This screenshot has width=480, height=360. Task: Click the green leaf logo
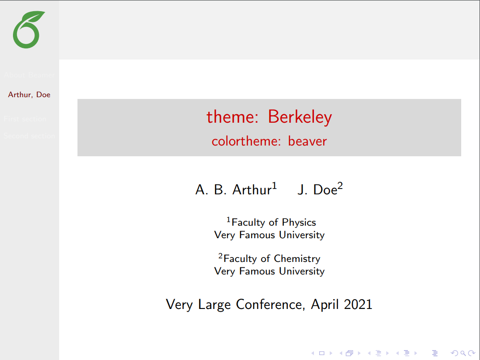coord(29,30)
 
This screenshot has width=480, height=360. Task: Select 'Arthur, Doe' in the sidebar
coord(29,94)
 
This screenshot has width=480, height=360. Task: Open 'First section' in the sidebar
coord(25,119)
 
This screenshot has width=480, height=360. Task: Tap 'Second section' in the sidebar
coord(29,136)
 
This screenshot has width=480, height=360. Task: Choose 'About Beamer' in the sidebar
coord(29,75)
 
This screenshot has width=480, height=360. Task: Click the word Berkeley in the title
coord(300,117)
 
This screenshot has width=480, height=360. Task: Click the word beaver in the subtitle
coord(308,141)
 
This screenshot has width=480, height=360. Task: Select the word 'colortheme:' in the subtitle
coord(247,141)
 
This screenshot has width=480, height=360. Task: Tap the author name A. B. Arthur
coord(233,190)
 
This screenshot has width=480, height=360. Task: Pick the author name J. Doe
coord(317,190)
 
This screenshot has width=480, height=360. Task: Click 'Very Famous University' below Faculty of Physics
coord(269,235)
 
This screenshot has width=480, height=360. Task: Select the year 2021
coord(358,304)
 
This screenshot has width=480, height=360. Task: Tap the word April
coord(326,304)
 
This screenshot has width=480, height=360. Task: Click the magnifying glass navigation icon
coord(463,353)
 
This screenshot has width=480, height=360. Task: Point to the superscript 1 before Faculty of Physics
coord(228,219)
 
